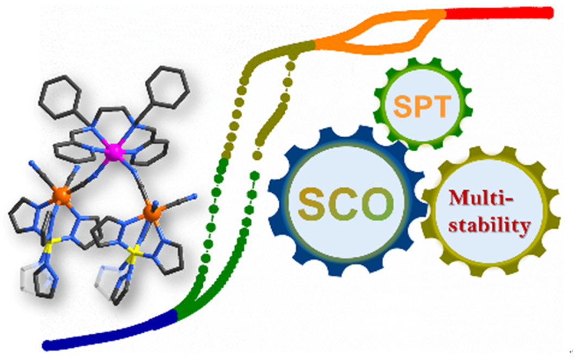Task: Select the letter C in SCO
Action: (x=345, y=204)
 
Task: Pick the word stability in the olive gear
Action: (x=490, y=224)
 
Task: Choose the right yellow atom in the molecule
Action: (x=134, y=251)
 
